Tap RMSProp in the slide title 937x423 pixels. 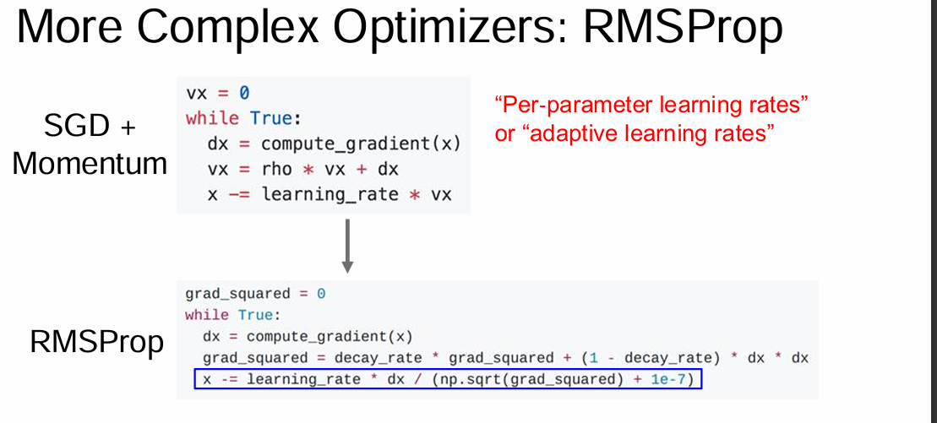tap(683, 28)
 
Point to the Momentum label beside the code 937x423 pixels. tap(90, 163)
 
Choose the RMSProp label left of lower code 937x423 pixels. tap(96, 342)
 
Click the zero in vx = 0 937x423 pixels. tap(244, 93)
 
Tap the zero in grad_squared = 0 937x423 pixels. tap(321, 294)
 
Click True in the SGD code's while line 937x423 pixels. tap(270, 118)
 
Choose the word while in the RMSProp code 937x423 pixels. tap(207, 315)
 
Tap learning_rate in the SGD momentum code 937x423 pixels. tap(330, 194)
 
